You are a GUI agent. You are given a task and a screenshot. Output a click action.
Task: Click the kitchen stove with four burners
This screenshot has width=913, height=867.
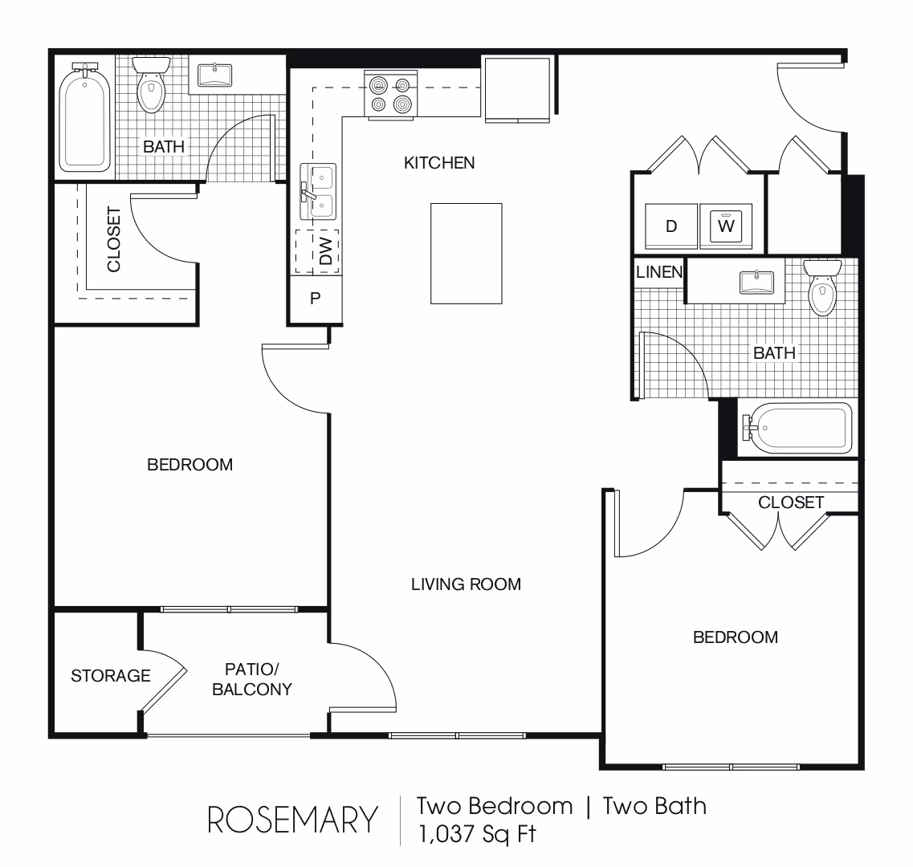tap(391, 95)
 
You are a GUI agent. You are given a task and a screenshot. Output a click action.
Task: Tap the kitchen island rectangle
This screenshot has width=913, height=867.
tap(466, 254)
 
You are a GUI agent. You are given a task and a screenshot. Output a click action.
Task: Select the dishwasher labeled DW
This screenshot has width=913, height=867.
tap(316, 251)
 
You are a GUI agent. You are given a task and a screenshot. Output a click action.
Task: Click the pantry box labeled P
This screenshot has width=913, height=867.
tap(316, 299)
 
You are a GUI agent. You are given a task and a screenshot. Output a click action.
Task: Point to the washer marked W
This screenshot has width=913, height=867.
tap(726, 226)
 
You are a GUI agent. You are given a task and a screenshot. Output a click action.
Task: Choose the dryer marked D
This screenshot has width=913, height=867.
tap(670, 226)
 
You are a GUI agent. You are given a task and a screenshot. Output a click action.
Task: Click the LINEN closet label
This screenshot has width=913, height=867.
tap(659, 272)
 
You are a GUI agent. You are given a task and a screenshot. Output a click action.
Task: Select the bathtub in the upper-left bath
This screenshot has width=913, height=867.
tap(85, 117)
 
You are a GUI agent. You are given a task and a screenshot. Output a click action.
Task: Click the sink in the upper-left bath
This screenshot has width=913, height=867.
tap(215, 75)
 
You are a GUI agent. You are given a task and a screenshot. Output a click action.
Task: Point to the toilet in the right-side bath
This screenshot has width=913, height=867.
tap(822, 287)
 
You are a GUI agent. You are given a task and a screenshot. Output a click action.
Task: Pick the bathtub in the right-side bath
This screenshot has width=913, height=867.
tap(797, 428)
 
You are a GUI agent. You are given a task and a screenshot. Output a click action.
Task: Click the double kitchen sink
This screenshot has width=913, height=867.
tap(318, 192)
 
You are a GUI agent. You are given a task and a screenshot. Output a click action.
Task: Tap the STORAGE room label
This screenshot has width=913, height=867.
tap(111, 675)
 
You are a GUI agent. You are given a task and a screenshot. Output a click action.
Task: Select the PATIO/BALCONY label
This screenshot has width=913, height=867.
tap(252, 679)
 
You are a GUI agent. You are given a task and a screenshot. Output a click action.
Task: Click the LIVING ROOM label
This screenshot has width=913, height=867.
tap(466, 584)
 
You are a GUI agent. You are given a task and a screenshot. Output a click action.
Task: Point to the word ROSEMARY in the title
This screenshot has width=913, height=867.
tap(292, 820)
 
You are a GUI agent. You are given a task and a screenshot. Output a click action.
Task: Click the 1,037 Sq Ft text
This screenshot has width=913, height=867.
tap(477, 834)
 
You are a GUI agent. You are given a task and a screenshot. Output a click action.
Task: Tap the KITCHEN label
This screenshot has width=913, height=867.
tap(439, 162)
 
